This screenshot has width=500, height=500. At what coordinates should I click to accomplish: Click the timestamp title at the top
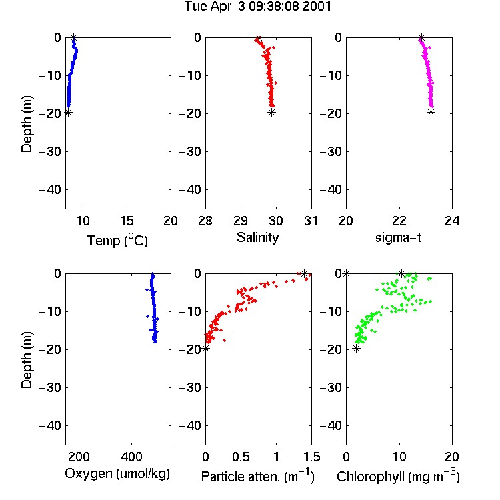pyautogui.click(x=257, y=7)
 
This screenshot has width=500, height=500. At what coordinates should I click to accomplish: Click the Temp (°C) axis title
pyautogui.click(x=117, y=241)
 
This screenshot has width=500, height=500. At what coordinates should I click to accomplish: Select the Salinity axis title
pyautogui.click(x=257, y=237)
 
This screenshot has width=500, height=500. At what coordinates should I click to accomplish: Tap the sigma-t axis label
pyautogui.click(x=398, y=237)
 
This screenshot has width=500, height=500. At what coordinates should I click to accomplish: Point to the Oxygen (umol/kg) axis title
pyautogui.click(x=117, y=474)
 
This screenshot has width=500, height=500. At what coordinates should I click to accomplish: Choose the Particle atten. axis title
pyautogui.click(x=258, y=477)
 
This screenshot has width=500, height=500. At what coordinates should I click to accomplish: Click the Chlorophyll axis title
pyautogui.click(x=398, y=477)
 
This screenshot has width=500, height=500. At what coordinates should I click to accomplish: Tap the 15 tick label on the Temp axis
pyautogui.click(x=127, y=221)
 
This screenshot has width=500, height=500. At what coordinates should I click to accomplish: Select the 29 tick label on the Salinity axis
pyautogui.click(x=241, y=221)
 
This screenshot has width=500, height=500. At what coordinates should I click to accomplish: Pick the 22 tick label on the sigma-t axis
pyautogui.click(x=399, y=221)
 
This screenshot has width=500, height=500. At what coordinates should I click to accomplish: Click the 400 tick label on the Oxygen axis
pyautogui.click(x=132, y=457)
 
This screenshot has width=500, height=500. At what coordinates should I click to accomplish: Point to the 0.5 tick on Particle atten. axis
pyautogui.click(x=241, y=457)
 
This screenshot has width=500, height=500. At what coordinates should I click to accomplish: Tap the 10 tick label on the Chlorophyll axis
pyautogui.click(x=399, y=457)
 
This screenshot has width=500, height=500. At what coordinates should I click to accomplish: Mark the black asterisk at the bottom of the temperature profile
pyautogui.click(x=68, y=112)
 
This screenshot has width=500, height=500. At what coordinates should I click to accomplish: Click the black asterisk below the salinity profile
pyautogui.click(x=271, y=112)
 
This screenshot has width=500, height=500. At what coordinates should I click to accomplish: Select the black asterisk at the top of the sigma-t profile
pyautogui.click(x=421, y=37)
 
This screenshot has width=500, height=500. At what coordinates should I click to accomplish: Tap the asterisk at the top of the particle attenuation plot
pyautogui.click(x=305, y=273)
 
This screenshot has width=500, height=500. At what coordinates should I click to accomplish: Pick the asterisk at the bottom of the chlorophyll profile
pyautogui.click(x=356, y=348)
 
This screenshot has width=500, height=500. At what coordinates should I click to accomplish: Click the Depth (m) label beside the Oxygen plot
pyautogui.click(x=27, y=360)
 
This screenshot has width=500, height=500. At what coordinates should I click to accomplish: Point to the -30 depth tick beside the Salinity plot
pyautogui.click(x=191, y=152)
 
